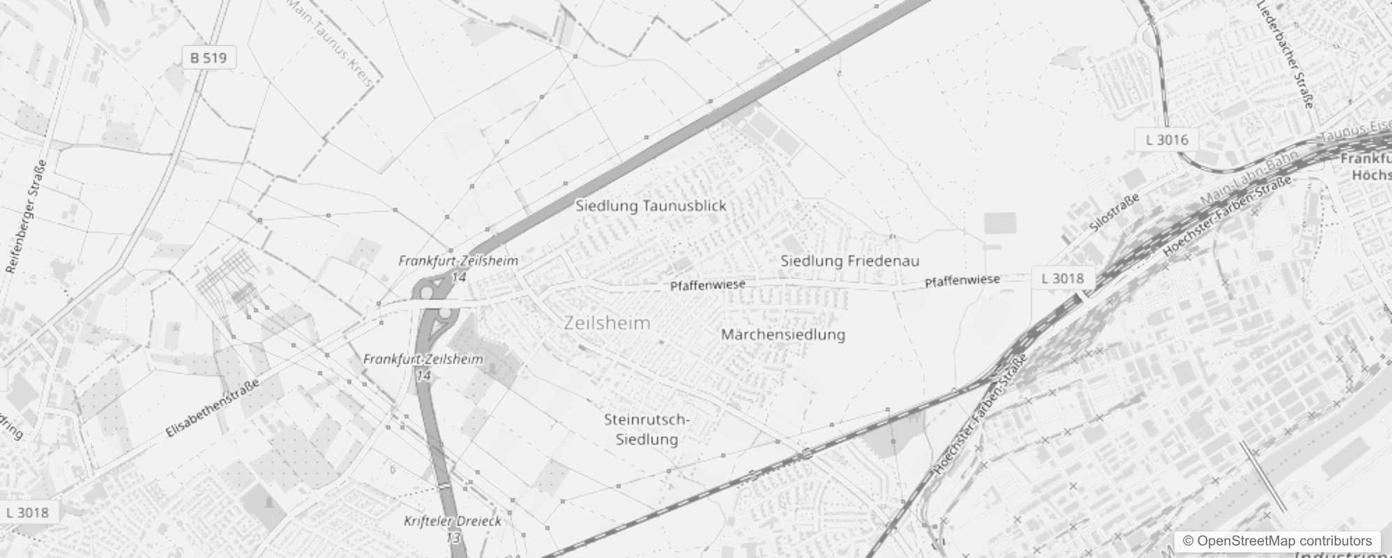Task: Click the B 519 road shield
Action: pos(209,58)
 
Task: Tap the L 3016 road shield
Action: pos(1167,139)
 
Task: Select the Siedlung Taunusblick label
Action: pos(650,206)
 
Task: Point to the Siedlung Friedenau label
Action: pos(849,261)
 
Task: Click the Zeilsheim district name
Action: pos(607,323)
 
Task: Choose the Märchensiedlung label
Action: pos(782,334)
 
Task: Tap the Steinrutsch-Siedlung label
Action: pos(646,429)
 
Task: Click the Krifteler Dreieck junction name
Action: pos(452,521)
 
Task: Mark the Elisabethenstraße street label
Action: pos(213,409)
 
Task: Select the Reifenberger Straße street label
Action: pos(27,216)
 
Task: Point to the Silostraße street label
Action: pos(1114,212)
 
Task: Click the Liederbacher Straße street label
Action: pos(1285,54)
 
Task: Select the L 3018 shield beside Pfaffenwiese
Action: pos(1062,278)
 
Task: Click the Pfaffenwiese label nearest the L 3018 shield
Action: pos(962,280)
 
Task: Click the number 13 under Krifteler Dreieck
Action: pos(453,538)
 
